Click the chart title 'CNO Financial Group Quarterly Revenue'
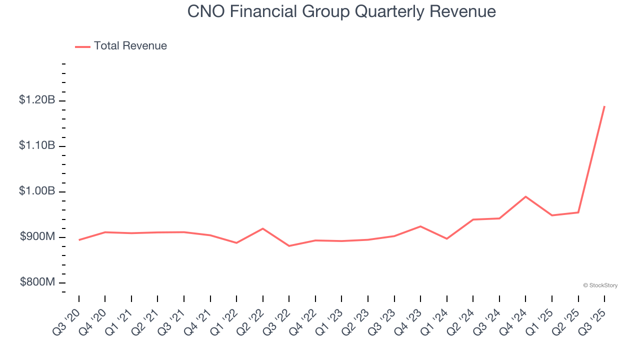[x=341, y=11]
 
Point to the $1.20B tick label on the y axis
[x=37, y=100]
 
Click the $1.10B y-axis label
[x=37, y=146]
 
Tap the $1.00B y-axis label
[x=37, y=191]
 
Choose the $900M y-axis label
[x=37, y=237]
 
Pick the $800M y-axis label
[x=37, y=282]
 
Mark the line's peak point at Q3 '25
[x=604, y=106]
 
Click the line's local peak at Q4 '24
[x=525, y=196]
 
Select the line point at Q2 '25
[x=578, y=212]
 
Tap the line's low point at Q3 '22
[x=289, y=246]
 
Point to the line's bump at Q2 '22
[x=263, y=228]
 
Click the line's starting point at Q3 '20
[x=79, y=240]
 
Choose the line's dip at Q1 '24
[x=446, y=238]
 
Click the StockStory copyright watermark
[x=600, y=285]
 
